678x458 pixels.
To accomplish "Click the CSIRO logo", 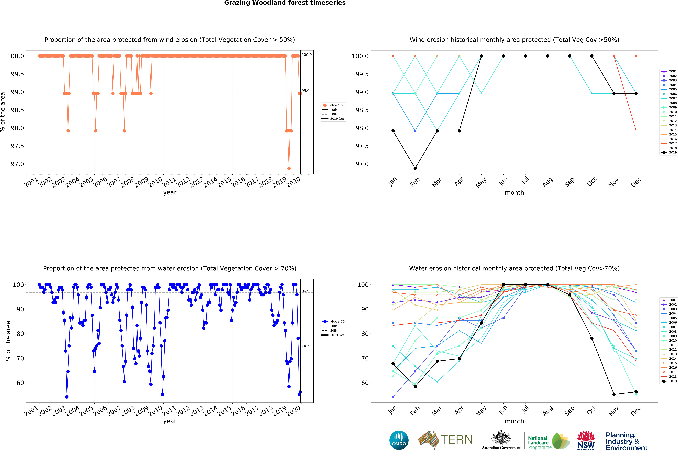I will [x=399, y=440].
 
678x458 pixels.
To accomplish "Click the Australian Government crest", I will [x=501, y=437].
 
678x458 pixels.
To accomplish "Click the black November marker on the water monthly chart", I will [x=614, y=394].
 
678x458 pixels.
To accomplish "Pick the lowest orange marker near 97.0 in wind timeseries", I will [x=289, y=168].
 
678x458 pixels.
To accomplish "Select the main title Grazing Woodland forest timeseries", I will [x=285, y=3].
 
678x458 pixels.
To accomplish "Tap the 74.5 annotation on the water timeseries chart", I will [x=305, y=346].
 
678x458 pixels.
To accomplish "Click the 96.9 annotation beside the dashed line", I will [x=305, y=291].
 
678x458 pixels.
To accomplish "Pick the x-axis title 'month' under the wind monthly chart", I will [x=514, y=193].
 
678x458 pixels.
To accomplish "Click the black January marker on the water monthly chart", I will [x=393, y=364].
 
